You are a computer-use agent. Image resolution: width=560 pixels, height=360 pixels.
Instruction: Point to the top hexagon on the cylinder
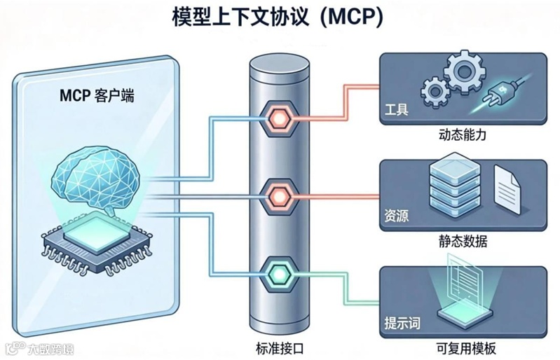pos(280,116)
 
